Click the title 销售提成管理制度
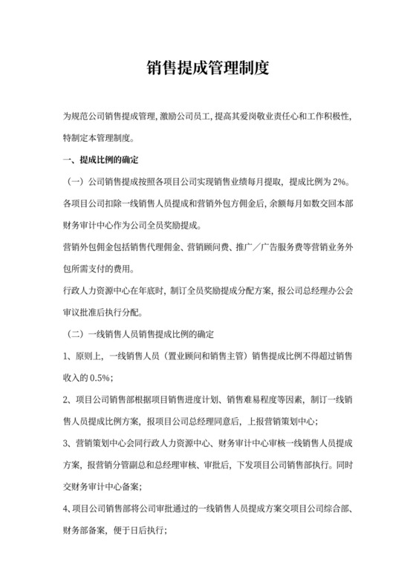pos(208,68)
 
